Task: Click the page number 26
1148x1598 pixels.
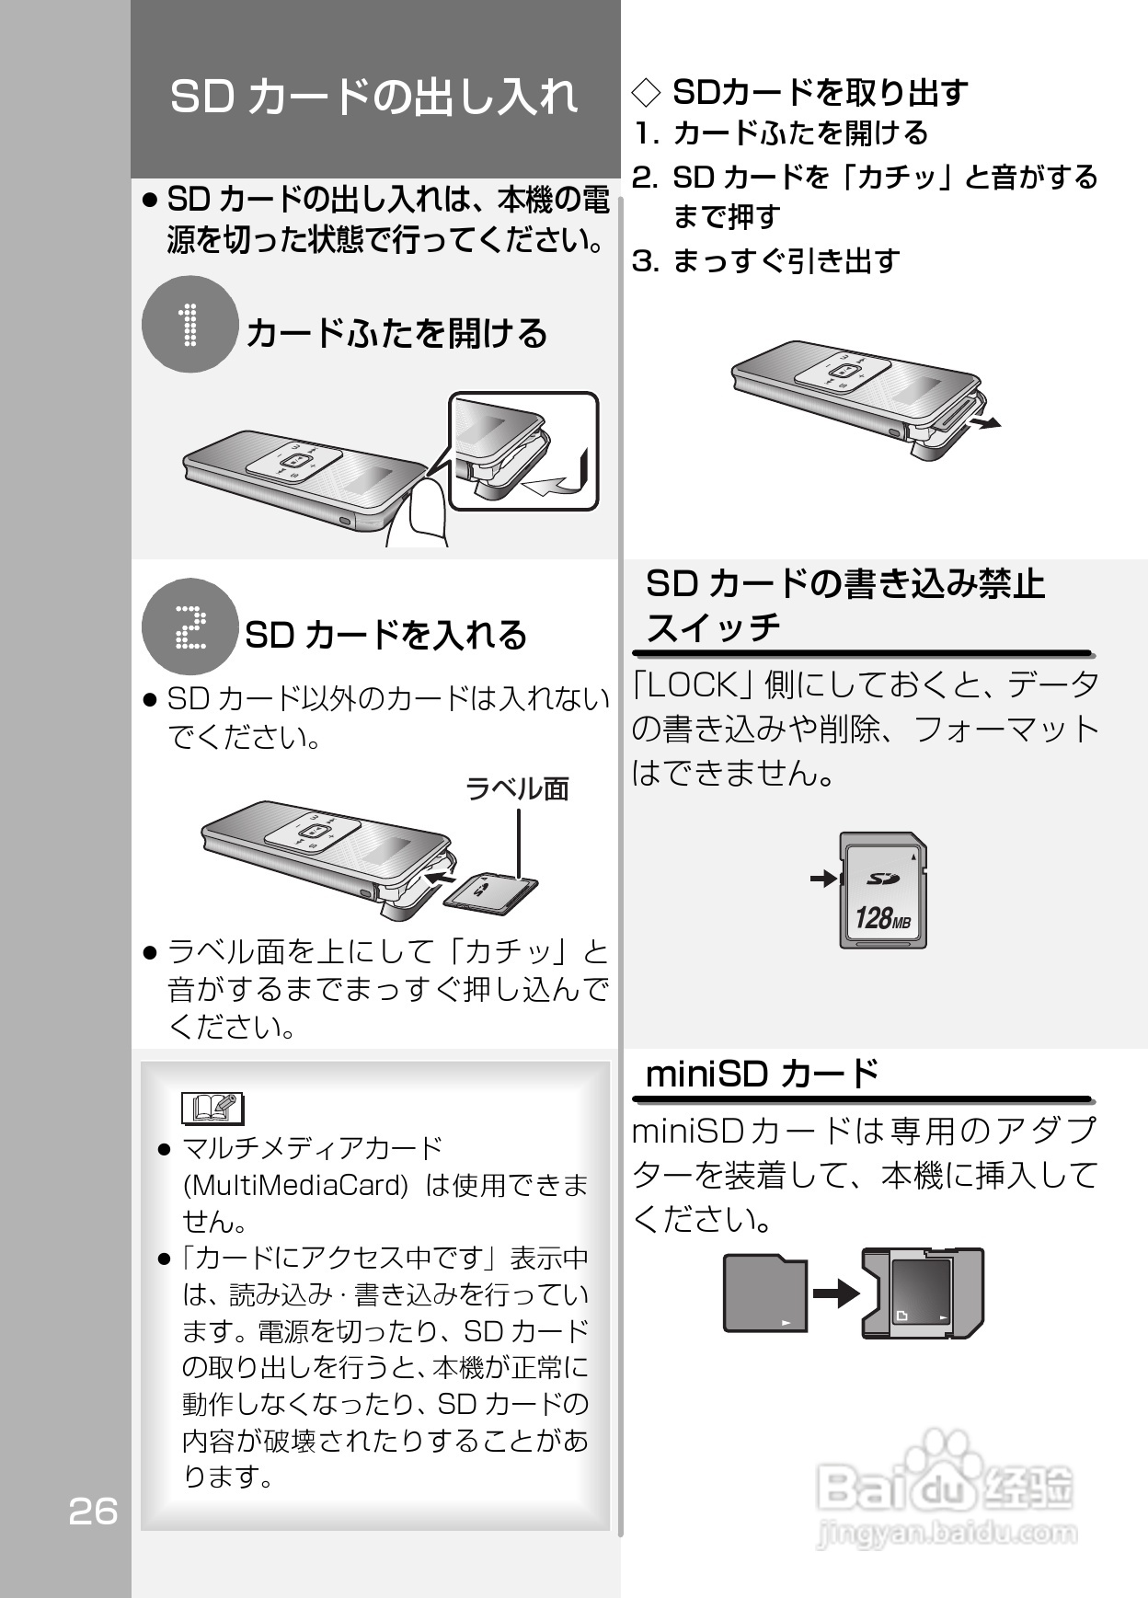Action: (93, 1512)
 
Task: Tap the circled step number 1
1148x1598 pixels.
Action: (190, 325)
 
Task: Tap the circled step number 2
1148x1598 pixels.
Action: (190, 627)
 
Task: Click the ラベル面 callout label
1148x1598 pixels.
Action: (517, 788)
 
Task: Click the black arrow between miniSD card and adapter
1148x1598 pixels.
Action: (835, 1294)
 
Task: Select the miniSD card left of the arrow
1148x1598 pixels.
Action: (764, 1293)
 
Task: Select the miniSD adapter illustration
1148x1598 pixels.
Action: (923, 1293)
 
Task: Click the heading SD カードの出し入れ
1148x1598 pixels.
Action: (373, 96)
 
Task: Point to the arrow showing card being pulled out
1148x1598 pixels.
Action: (986, 422)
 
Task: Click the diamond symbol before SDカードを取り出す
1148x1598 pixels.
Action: (647, 92)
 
